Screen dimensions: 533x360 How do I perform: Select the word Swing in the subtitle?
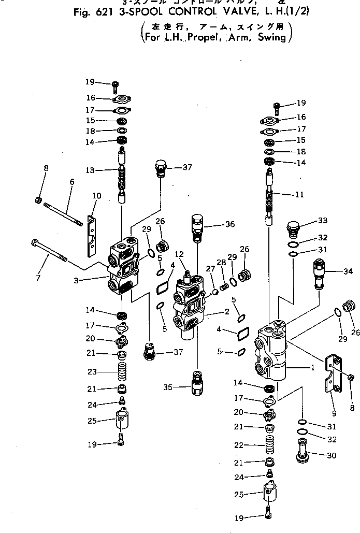click(x=272, y=37)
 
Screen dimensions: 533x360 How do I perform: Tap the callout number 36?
click(x=229, y=224)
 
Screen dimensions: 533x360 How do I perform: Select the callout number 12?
click(x=180, y=254)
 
